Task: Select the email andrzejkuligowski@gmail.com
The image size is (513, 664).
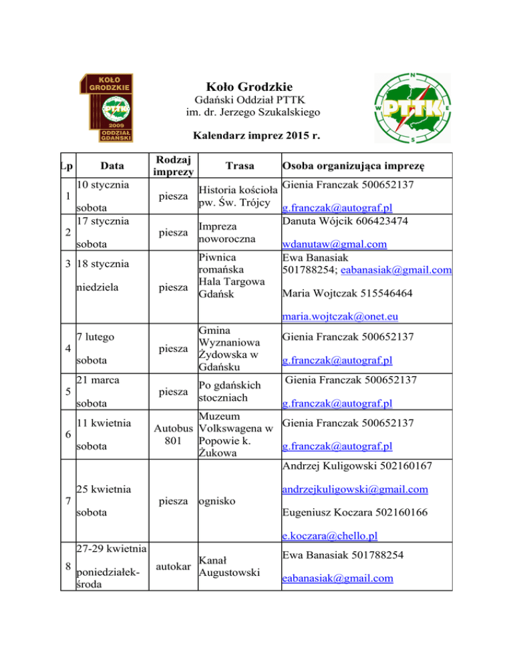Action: (355, 490)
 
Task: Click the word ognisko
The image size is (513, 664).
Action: (218, 499)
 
